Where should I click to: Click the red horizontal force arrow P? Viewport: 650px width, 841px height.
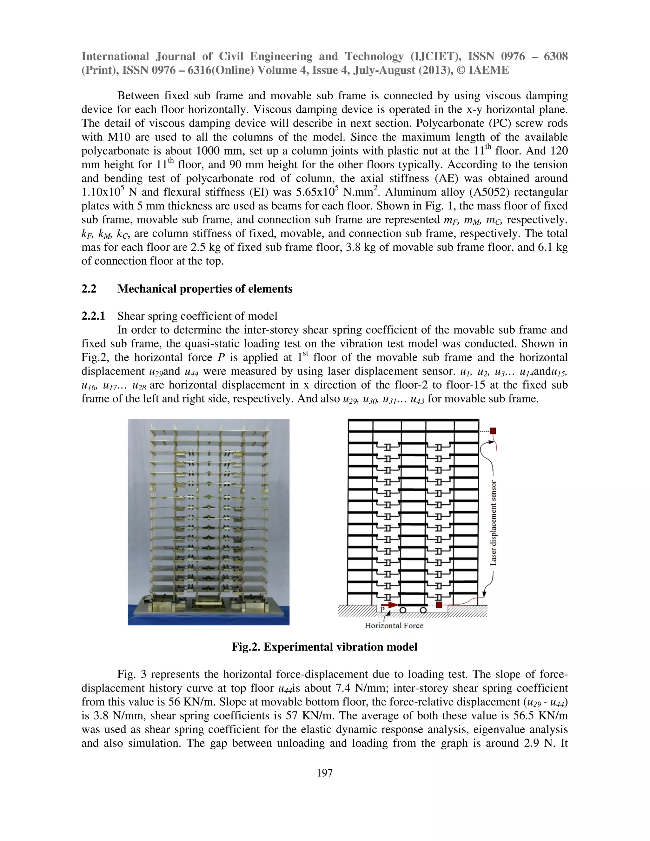pyautogui.click(x=390, y=605)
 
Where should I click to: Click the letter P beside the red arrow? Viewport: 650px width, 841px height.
pyautogui.click(x=382, y=610)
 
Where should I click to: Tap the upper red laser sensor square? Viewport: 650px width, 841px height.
pyautogui.click(x=493, y=431)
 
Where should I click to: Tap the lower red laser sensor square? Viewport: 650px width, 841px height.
pyautogui.click(x=439, y=605)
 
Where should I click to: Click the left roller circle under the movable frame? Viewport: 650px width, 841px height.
pyautogui.click(x=403, y=610)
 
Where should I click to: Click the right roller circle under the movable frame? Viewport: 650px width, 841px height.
pyautogui.click(x=423, y=610)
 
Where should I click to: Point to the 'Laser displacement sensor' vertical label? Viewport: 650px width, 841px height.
pyautogui.click(x=493, y=523)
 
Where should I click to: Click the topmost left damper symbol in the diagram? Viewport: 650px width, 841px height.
pyautogui.click(x=388, y=447)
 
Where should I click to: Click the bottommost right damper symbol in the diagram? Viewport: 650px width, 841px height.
pyautogui.click(x=439, y=596)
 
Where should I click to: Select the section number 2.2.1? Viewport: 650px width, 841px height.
pyautogui.click(x=93, y=316)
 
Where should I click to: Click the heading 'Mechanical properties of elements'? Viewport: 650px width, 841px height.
pyautogui.click(x=204, y=289)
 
